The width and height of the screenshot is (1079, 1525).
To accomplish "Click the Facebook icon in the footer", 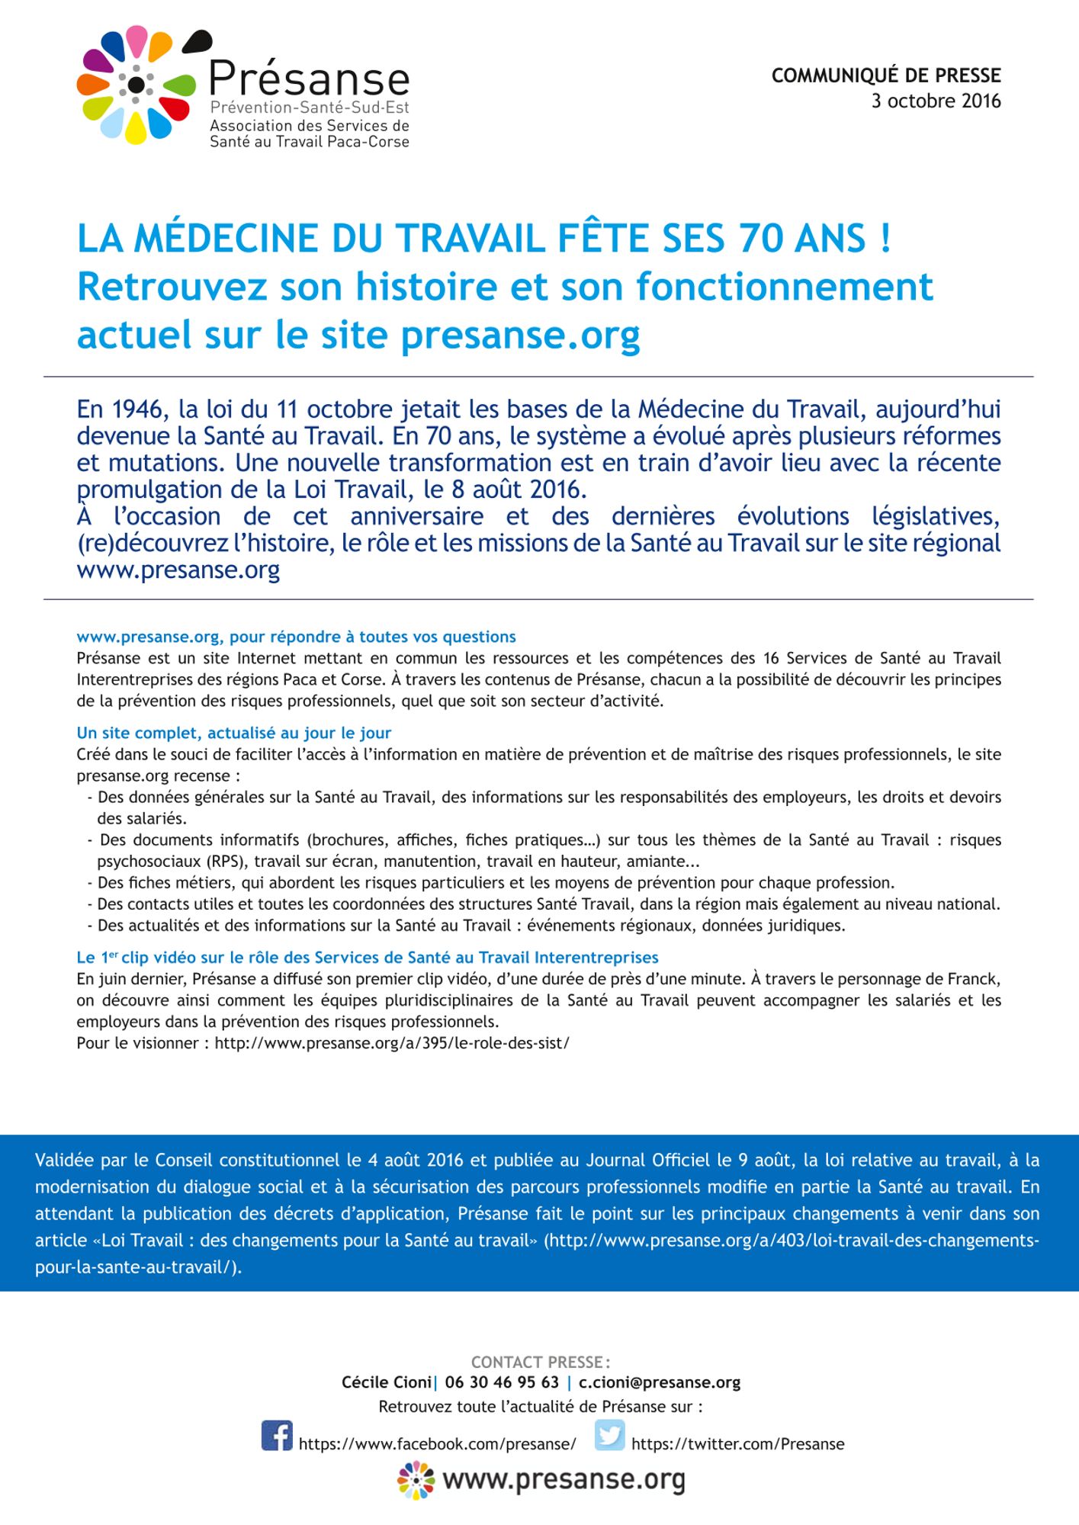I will pyautogui.click(x=277, y=1436).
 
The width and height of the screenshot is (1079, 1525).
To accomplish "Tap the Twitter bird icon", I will pyautogui.click(x=609, y=1435).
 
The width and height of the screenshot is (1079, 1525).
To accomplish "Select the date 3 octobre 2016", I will pyautogui.click(x=936, y=101).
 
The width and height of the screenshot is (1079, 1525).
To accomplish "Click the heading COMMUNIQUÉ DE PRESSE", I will pyautogui.click(x=886, y=75).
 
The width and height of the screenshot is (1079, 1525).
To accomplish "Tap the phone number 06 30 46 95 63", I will pyautogui.click(x=502, y=1382).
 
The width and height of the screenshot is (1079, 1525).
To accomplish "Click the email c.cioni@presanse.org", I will pyautogui.click(x=660, y=1382).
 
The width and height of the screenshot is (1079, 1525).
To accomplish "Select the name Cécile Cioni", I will pyautogui.click(x=387, y=1382).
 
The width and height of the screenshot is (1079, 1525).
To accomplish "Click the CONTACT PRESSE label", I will pyautogui.click(x=540, y=1362).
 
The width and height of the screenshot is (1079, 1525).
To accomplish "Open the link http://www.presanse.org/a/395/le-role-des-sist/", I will pyautogui.click(x=392, y=1043).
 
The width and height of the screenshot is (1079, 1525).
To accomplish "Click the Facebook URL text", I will pyautogui.click(x=437, y=1444).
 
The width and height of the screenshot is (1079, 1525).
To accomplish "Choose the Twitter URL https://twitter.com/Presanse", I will pyautogui.click(x=737, y=1444).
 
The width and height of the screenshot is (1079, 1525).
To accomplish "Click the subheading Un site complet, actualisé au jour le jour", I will pyautogui.click(x=233, y=733).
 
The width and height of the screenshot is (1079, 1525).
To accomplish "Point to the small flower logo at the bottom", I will pyautogui.click(x=416, y=1480).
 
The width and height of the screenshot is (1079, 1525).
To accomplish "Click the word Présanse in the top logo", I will pyautogui.click(x=310, y=79).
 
